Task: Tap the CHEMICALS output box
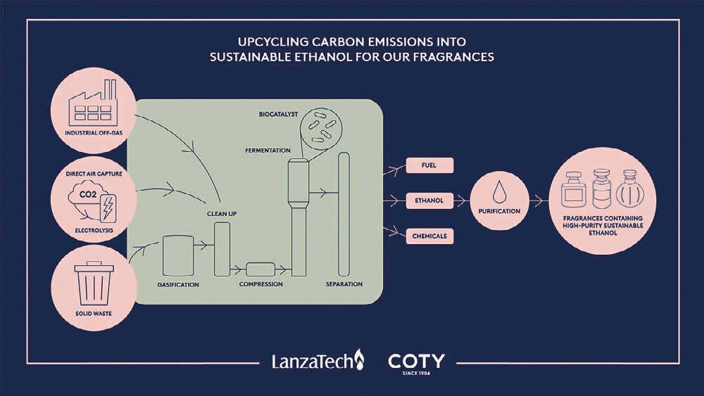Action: [429, 236]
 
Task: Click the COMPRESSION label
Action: [260, 284]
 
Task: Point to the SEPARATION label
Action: [344, 284]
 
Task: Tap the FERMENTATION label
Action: [268, 151]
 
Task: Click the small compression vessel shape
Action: [261, 268]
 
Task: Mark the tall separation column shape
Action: [344, 215]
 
